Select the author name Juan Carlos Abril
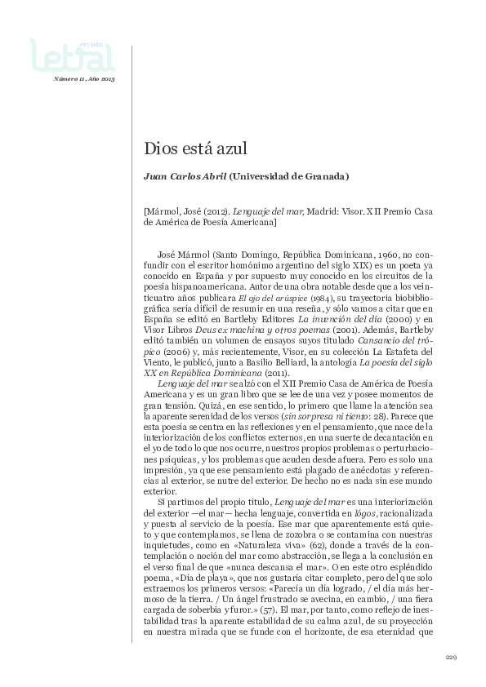pyautogui.click(x=185, y=175)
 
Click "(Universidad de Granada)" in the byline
pyautogui.click(x=289, y=175)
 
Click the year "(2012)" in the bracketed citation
pyautogui.click(x=213, y=211)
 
